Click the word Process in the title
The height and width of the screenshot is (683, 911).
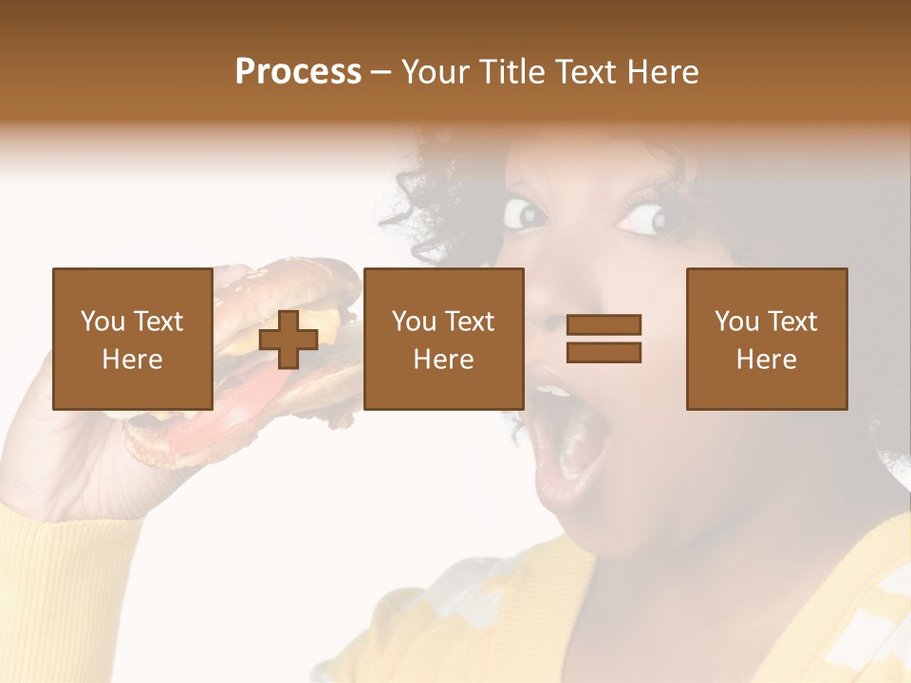coord(298,72)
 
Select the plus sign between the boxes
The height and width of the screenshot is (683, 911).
coord(288,340)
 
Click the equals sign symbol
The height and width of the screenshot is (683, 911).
coord(604,339)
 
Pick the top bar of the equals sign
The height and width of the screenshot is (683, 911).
coord(604,325)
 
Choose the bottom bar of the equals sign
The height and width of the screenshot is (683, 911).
coord(604,353)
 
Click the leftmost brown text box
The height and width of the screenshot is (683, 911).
coord(132,339)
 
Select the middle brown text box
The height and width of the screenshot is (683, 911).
coord(443,339)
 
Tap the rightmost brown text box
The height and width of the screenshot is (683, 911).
coord(766,339)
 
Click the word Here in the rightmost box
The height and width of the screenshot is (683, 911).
coord(766,360)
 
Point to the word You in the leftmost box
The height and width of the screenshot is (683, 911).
coord(102,322)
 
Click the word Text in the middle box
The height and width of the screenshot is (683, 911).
coord(469,322)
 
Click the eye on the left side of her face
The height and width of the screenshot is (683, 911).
coord(525,212)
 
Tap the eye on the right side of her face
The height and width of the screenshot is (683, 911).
coord(650,219)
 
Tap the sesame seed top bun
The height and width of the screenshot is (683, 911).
coord(285,275)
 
